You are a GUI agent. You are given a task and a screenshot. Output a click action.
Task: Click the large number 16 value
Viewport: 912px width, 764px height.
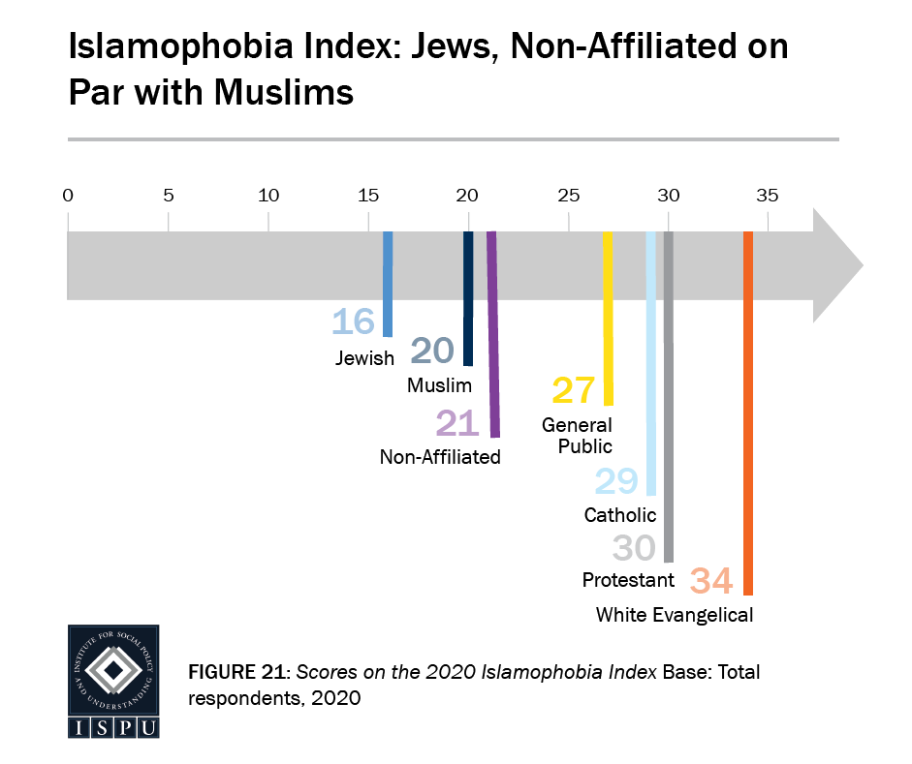pyautogui.click(x=353, y=322)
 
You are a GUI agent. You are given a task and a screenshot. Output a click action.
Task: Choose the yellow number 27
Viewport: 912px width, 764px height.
pyautogui.click(x=573, y=390)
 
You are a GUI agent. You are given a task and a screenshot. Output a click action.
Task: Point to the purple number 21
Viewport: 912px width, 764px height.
pyautogui.click(x=458, y=423)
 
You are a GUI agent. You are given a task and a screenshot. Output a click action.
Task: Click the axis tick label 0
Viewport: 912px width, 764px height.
pyautogui.click(x=68, y=196)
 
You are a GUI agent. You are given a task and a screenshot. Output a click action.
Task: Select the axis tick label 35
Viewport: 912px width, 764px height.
pyautogui.click(x=768, y=196)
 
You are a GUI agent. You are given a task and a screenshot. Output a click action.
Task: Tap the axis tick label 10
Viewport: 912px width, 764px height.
pyautogui.click(x=267, y=196)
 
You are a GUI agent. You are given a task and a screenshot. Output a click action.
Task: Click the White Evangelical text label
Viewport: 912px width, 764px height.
pyautogui.click(x=674, y=614)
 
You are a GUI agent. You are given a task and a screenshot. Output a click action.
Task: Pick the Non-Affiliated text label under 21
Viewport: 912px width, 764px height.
pyautogui.click(x=440, y=457)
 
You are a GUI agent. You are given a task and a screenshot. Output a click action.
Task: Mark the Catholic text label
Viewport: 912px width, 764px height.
pyautogui.click(x=619, y=515)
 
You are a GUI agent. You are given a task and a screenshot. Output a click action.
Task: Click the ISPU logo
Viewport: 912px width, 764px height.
pyautogui.click(x=112, y=682)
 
